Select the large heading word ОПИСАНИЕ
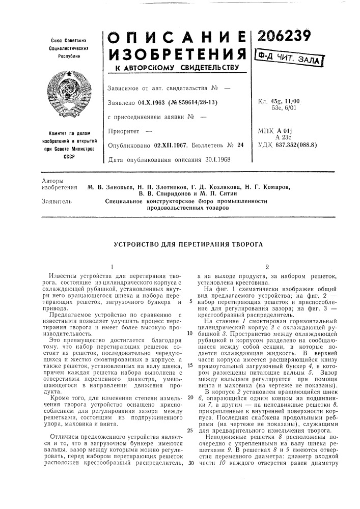pos(176,34)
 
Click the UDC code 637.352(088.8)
pos(295,144)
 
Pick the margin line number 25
pos(189,415)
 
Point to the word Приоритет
pos(124,131)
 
